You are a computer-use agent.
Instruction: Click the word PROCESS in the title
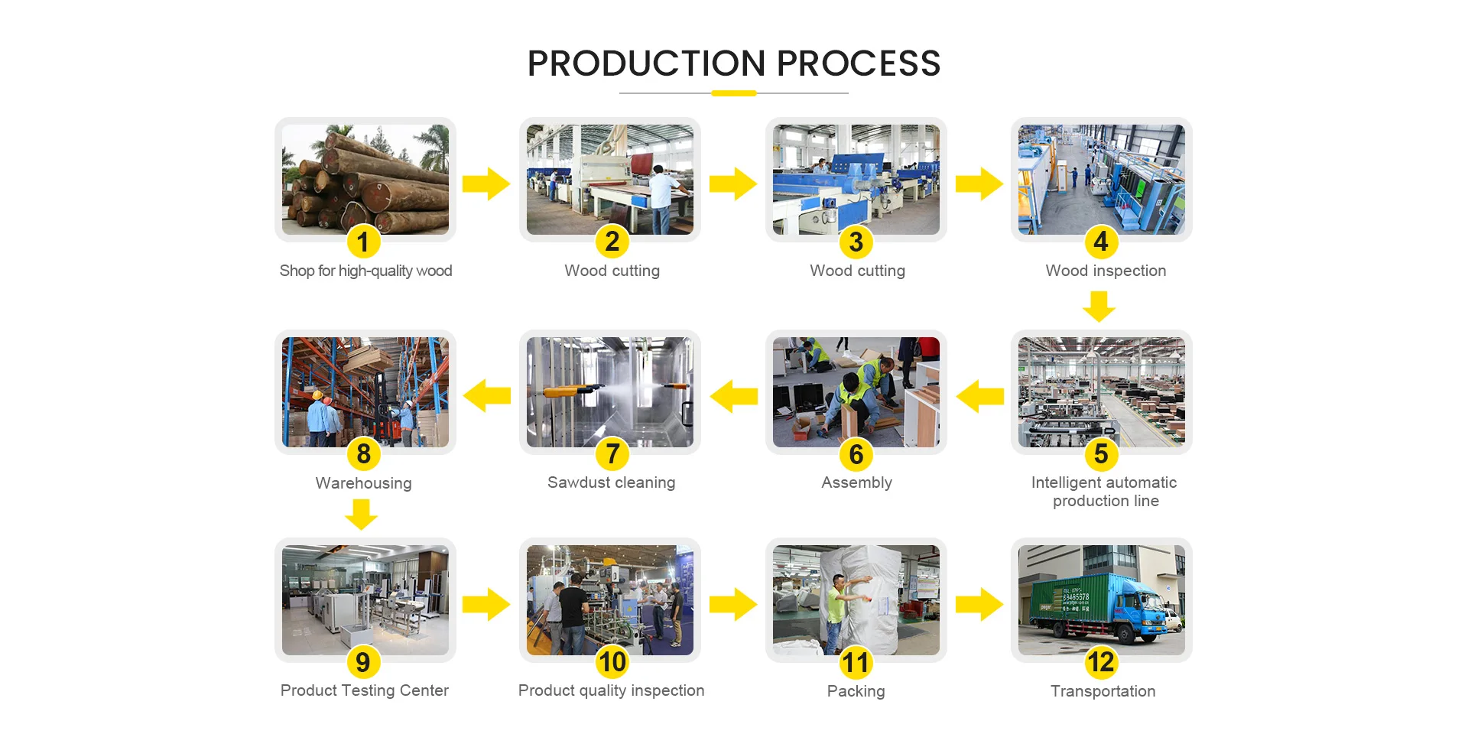click(x=859, y=63)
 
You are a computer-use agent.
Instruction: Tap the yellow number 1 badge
click(x=363, y=242)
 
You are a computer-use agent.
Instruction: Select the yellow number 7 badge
click(x=612, y=454)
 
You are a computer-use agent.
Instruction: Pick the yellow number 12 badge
click(x=1101, y=662)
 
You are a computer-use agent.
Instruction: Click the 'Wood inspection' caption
click(x=1106, y=271)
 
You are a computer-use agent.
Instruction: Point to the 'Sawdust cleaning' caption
click(x=612, y=482)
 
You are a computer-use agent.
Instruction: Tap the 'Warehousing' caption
click(x=363, y=483)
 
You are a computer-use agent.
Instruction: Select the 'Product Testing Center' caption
click(x=364, y=690)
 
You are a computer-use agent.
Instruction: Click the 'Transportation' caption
click(x=1103, y=691)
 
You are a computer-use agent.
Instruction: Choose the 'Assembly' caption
click(x=856, y=482)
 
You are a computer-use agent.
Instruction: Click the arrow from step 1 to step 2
click(x=486, y=183)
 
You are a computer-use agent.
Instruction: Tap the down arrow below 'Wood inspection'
click(x=1099, y=307)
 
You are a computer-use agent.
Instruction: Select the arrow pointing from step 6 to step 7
click(x=734, y=396)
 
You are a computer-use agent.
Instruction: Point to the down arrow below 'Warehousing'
click(x=361, y=515)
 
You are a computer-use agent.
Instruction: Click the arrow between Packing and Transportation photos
click(x=979, y=605)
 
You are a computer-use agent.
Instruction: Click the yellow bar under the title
click(x=734, y=93)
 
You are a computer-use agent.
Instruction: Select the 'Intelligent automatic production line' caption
click(x=1104, y=492)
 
